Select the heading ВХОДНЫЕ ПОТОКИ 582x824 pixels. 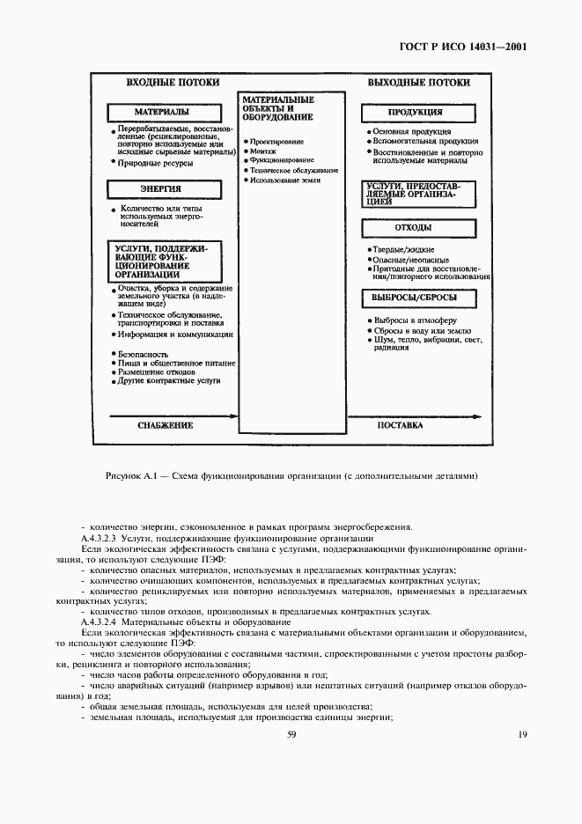161,83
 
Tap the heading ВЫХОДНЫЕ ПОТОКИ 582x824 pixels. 418,83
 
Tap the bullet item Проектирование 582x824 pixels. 277,142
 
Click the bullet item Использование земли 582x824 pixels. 284,180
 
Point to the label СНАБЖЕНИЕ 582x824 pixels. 165,425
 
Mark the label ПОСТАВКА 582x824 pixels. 401,425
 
